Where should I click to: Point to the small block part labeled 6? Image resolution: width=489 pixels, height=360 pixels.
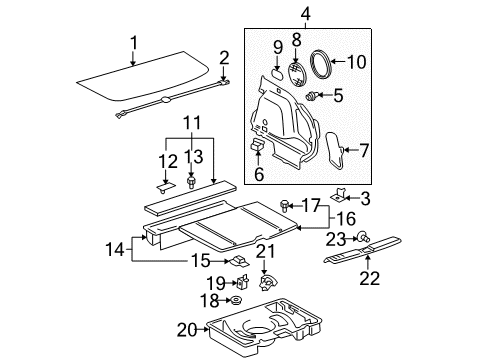click(x=256, y=147)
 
